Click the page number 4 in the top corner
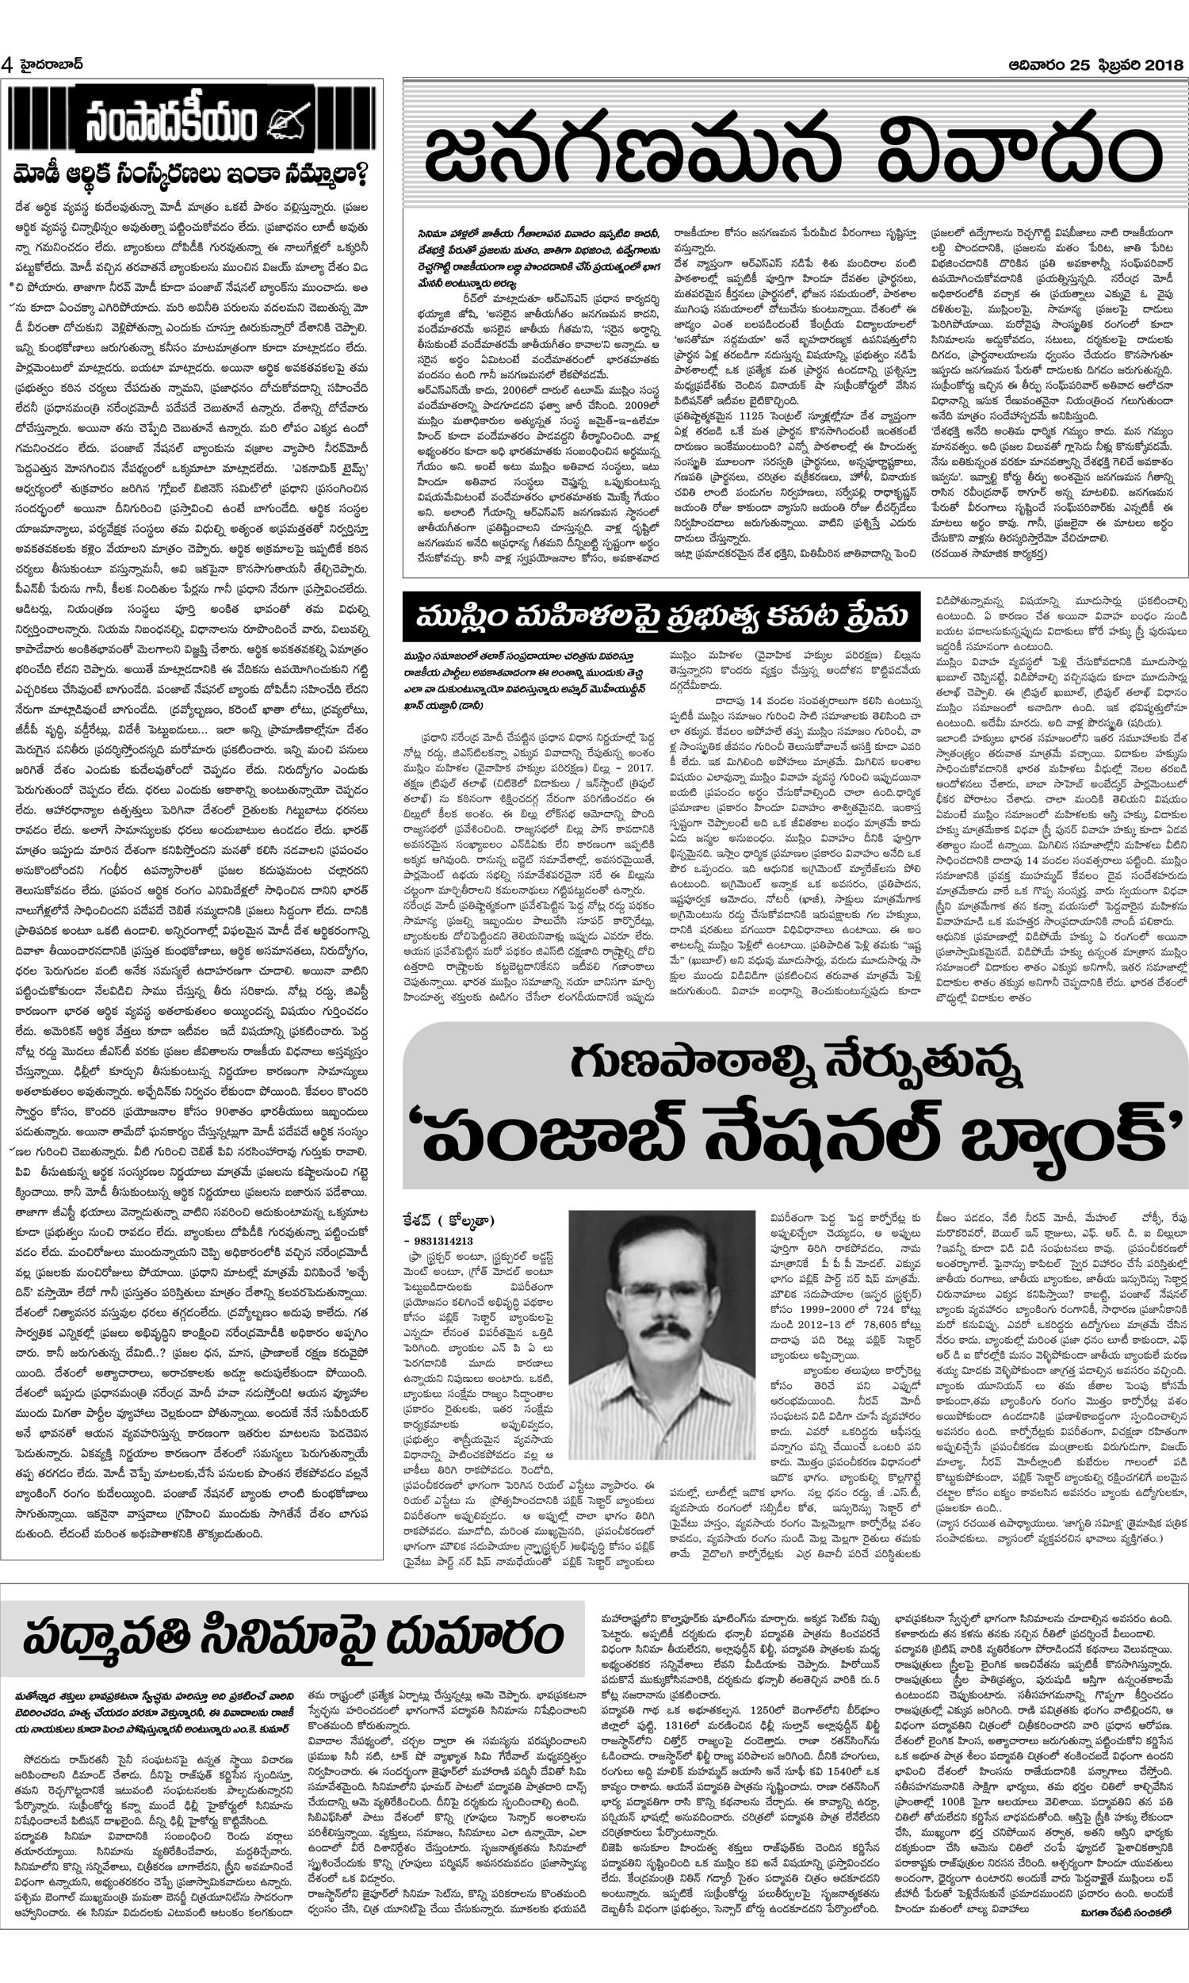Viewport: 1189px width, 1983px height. [8, 65]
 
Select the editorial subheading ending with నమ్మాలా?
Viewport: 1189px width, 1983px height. [193, 172]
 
